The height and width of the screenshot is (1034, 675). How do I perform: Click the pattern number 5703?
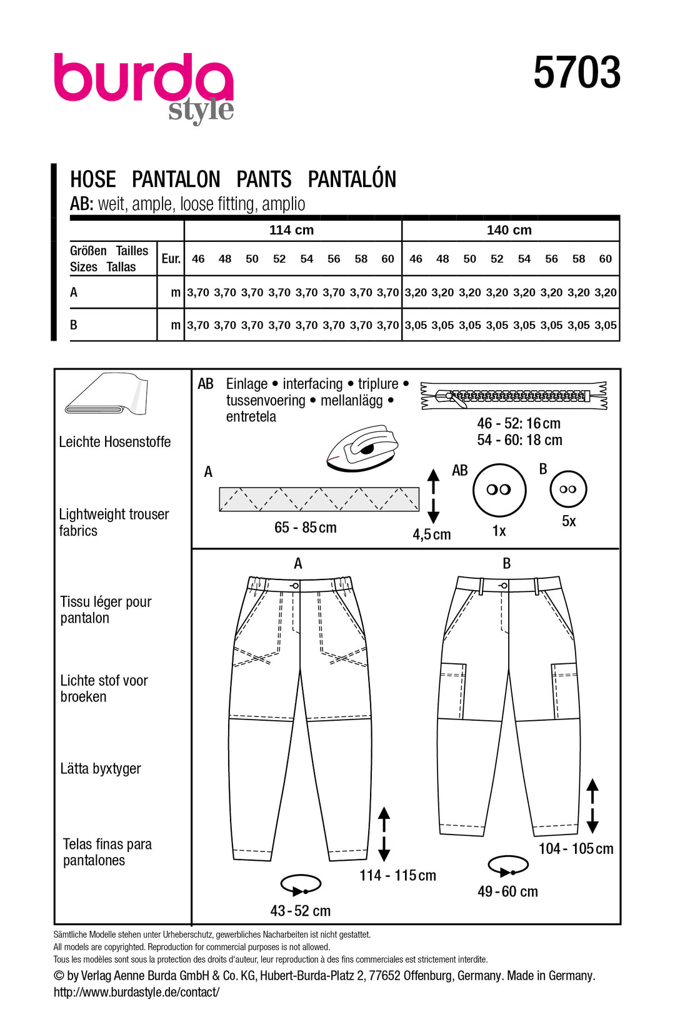576,73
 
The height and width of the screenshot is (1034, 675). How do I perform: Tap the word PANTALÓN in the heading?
352,179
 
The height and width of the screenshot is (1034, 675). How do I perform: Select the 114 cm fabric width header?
291,230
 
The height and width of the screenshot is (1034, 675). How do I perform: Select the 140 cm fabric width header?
509,230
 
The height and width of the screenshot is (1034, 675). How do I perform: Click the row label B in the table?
74,325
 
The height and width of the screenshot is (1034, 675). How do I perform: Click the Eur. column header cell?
171,259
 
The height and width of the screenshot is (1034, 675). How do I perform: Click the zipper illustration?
514,396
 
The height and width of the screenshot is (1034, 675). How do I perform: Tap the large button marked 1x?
499,489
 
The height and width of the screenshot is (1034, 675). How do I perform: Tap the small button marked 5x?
568,489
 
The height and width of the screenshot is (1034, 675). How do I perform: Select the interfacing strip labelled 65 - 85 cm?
319,499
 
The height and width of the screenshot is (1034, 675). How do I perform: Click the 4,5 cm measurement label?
431,535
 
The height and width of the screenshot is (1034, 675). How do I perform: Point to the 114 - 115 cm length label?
397,875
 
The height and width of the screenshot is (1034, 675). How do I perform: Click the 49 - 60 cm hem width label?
507,891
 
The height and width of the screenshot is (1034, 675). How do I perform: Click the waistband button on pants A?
295,585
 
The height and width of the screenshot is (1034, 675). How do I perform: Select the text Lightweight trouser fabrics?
113,522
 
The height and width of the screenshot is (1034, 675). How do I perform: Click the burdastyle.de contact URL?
136,992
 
